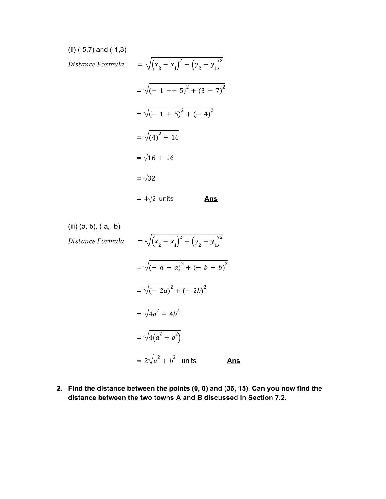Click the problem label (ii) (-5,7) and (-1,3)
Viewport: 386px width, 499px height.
(97, 49)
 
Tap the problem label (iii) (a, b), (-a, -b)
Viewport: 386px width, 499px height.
(94, 226)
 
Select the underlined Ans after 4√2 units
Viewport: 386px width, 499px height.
(211, 198)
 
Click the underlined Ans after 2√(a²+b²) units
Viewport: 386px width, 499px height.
(233, 361)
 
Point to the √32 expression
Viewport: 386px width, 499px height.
(149, 178)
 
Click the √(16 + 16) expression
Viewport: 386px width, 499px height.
(158, 158)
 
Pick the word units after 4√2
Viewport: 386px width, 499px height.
(166, 199)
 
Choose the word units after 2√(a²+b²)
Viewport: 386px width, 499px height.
(189, 361)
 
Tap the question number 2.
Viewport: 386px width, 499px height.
(59, 388)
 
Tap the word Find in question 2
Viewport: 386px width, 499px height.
(75, 388)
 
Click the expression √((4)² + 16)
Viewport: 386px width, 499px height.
(161, 137)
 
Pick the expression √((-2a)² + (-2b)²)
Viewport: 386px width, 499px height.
(175, 290)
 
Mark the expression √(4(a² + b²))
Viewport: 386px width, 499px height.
(162, 337)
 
